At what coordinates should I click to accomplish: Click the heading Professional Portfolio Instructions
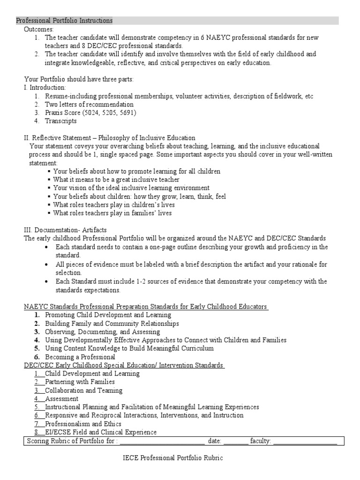pyautogui.click(x=65, y=21)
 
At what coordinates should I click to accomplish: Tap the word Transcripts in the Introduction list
pyautogui.click(x=61, y=121)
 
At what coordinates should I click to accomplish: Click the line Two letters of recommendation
pyautogui.click(x=89, y=104)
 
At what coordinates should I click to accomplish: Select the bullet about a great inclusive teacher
pyautogui.click(x=116, y=180)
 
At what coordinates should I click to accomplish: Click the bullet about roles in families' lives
pyautogui.click(x=112, y=213)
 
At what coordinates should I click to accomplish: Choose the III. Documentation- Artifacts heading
pyautogui.click(x=65, y=230)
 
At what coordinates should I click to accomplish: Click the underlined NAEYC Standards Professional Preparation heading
pyautogui.click(x=146, y=307)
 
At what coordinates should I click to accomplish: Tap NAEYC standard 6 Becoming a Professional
pyautogui.click(x=80, y=357)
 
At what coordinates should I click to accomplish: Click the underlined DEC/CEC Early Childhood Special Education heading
pyautogui.click(x=124, y=365)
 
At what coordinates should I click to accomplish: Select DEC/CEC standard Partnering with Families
pyautogui.click(x=80, y=382)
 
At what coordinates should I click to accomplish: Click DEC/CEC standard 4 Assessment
pyautogui.click(x=62, y=399)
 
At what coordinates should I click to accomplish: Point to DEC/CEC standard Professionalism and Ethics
pyautogui.click(x=83, y=424)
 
